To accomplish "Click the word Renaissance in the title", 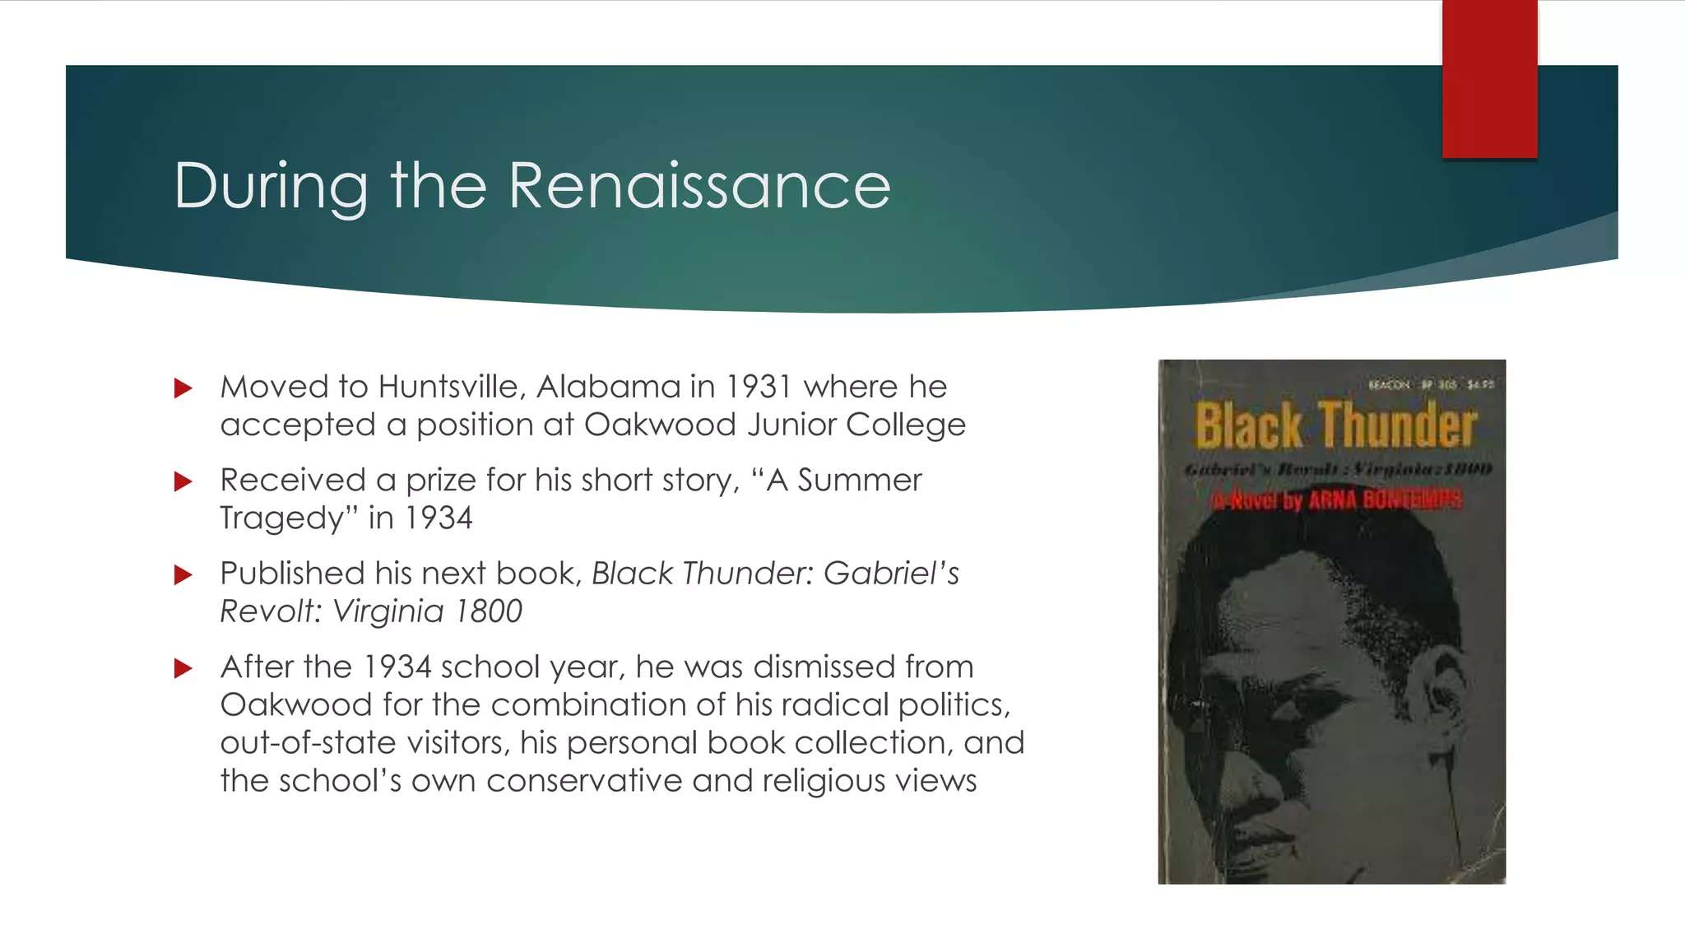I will [x=699, y=186].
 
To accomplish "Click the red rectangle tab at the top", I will [x=1489, y=79].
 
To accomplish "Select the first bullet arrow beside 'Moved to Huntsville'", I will [x=183, y=388].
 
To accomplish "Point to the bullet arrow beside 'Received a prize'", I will [x=183, y=481].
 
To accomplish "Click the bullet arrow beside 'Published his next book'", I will [x=183, y=574].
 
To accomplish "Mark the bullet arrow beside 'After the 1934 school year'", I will [x=183, y=668].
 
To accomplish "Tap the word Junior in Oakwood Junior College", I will [x=791, y=425].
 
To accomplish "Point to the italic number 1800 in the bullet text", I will [x=489, y=611].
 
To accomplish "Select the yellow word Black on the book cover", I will [x=1248, y=425].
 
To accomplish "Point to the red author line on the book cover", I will [x=1337, y=500].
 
